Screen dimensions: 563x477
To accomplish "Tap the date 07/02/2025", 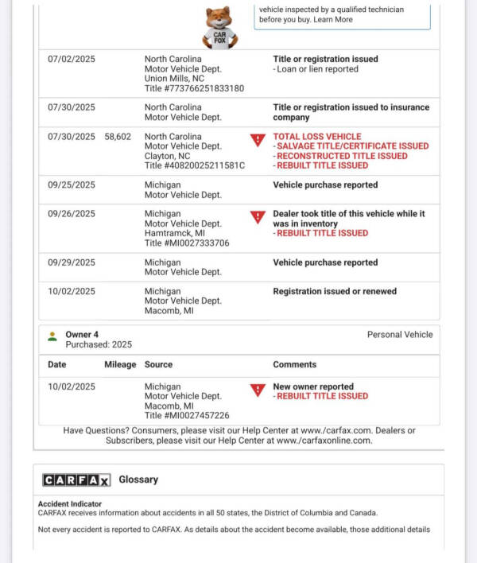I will pos(71,60).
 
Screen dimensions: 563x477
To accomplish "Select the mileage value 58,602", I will pos(118,137).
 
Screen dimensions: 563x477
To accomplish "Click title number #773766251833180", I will pos(194,88).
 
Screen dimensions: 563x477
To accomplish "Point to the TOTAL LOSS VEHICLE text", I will pos(316,137).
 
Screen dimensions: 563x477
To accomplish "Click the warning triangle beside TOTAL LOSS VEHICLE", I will pos(258,140).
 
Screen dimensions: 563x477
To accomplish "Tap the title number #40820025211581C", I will pos(194,165).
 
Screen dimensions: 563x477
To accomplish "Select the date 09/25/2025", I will pos(71,185).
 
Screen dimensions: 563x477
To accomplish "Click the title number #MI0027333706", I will pos(187,243).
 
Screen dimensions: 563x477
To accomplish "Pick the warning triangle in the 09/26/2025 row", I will pos(258,217).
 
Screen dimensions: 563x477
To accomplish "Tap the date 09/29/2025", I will pos(71,262).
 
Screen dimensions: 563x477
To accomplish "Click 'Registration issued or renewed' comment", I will pos(335,292).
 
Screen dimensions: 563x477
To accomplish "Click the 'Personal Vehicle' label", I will pos(400,335).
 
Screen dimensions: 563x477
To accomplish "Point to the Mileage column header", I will pos(120,365).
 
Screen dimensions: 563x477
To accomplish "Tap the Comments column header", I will pos(294,365).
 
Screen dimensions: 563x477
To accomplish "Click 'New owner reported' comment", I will pos(313,386).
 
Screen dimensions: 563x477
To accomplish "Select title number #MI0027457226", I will pos(187,415).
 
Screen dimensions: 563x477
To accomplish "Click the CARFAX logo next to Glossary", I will pos(76,480).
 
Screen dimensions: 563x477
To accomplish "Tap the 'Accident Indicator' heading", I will pos(70,503).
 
